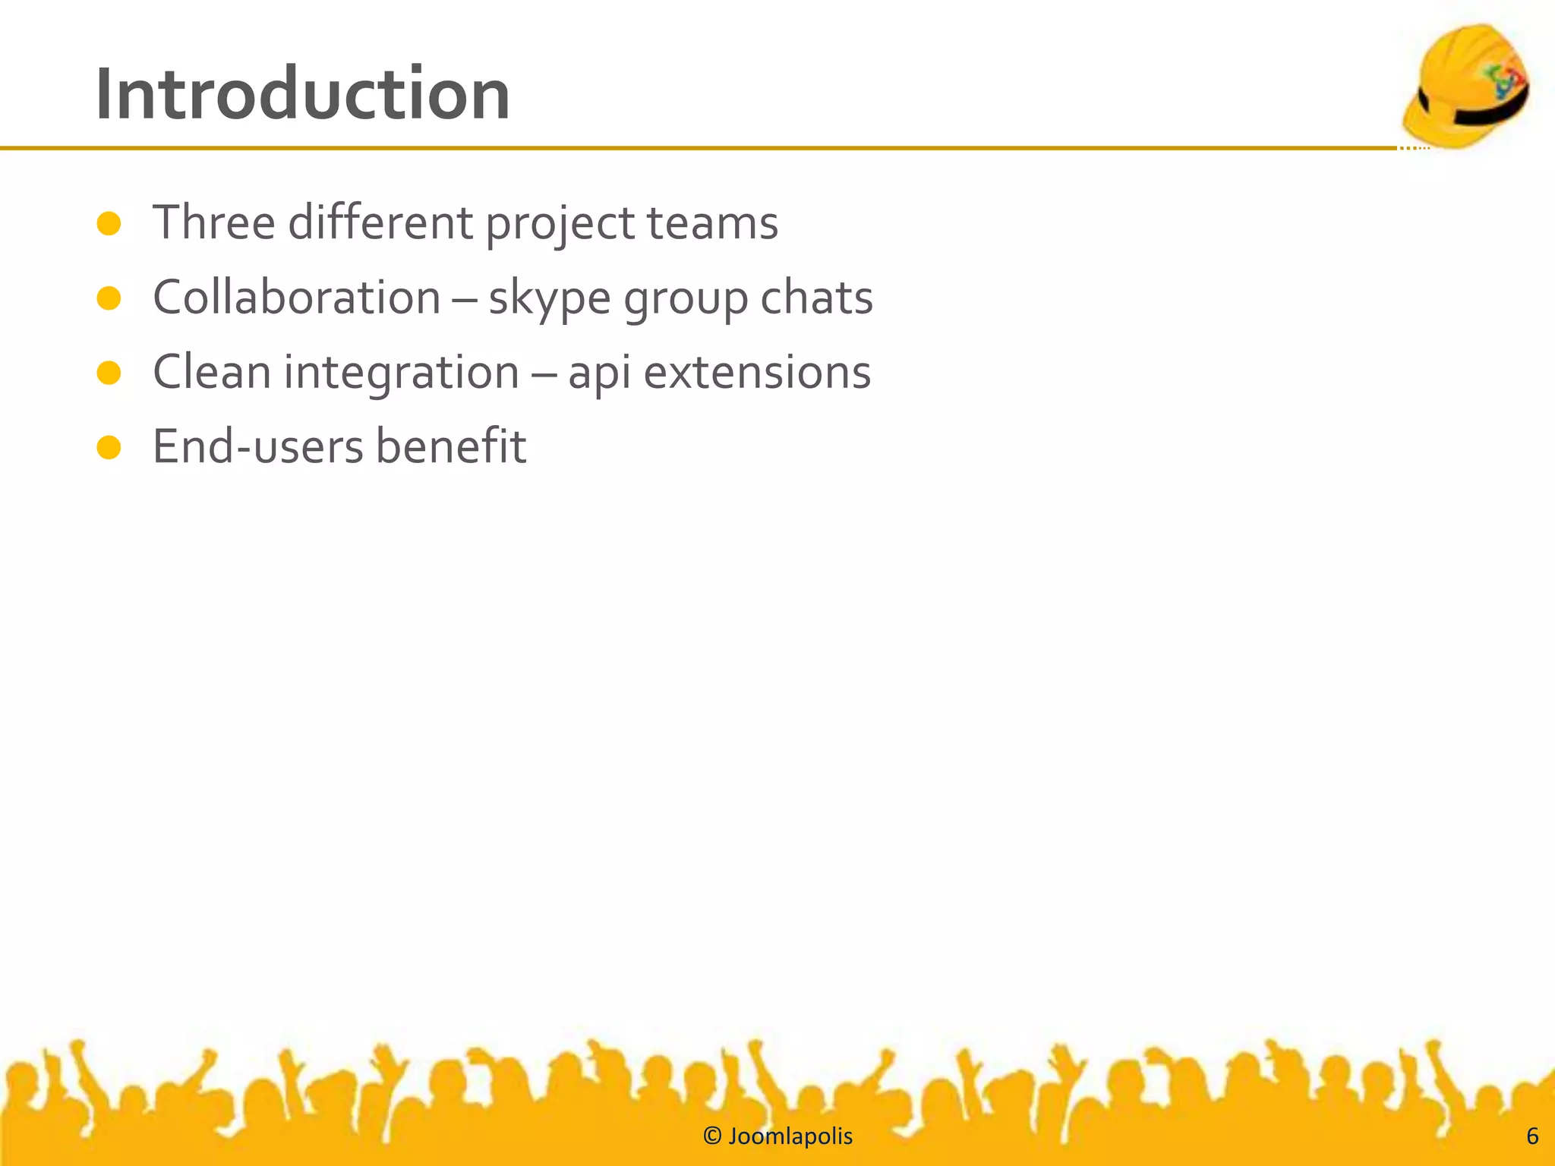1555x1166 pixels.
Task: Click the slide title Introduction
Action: click(x=302, y=95)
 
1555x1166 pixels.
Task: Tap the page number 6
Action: click(x=1531, y=1136)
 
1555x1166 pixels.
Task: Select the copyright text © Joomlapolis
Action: click(x=777, y=1136)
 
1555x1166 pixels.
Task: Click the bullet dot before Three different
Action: click(x=109, y=224)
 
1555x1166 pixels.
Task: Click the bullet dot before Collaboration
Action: click(x=109, y=298)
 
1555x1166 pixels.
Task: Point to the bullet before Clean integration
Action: click(x=109, y=373)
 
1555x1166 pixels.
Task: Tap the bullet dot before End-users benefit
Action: click(x=109, y=447)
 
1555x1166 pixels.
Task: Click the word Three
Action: click(x=214, y=223)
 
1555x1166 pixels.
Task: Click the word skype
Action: click(x=549, y=298)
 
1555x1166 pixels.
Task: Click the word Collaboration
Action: click(x=296, y=298)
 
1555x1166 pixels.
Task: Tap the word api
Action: click(x=599, y=373)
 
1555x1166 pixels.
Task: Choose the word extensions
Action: click(x=757, y=372)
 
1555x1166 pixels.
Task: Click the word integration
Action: click(x=401, y=373)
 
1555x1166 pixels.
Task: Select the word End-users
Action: click(x=258, y=446)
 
